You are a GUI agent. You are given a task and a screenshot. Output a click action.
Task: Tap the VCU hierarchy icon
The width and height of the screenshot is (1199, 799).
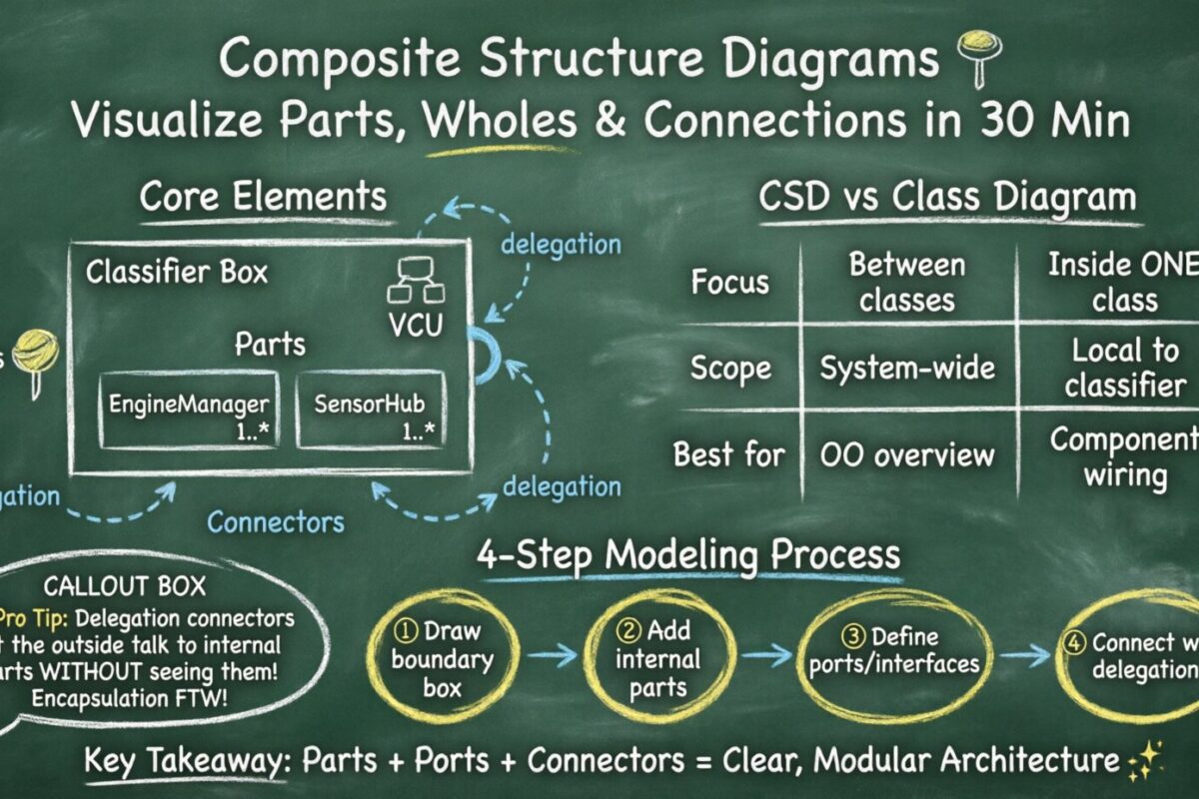pos(415,282)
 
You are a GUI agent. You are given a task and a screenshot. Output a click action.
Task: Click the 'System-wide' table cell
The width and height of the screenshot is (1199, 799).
pos(907,368)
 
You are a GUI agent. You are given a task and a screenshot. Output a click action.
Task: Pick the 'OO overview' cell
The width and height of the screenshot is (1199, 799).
pos(907,456)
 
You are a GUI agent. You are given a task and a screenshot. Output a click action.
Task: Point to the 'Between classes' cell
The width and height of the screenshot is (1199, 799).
pos(907,282)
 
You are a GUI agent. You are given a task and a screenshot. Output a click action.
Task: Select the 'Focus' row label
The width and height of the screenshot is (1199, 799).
pos(730,282)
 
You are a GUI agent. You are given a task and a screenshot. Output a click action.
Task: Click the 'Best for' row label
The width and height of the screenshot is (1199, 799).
pos(728,456)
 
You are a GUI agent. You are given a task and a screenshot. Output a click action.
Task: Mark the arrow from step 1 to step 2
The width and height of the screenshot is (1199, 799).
pos(553,654)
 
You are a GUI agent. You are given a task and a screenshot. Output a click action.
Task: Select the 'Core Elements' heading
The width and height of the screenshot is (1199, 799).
pos(263,196)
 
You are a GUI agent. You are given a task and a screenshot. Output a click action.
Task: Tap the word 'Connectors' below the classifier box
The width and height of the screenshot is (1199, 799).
pos(276,521)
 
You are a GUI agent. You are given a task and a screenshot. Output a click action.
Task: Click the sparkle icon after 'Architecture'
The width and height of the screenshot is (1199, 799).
pos(1143,761)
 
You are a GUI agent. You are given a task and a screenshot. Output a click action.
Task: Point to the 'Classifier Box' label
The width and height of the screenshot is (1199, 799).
pos(177,272)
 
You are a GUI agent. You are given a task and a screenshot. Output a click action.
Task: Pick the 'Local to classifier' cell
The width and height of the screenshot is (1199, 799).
pos(1124,368)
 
